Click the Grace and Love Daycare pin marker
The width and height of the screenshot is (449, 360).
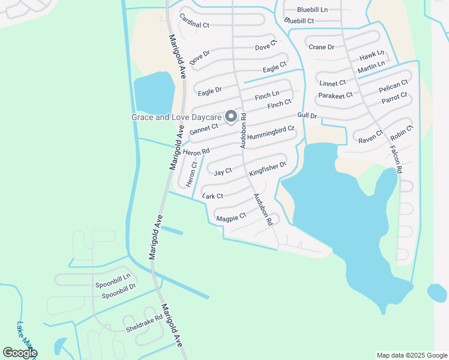coord(231,118)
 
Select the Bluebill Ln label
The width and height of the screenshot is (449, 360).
coord(312,10)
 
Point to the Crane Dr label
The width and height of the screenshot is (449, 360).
coord(321,47)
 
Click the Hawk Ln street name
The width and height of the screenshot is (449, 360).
coord(372,56)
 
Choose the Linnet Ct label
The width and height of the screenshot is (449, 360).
coord(333,83)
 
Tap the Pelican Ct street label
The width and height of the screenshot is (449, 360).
coord(393,86)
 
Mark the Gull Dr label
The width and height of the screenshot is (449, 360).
coord(307,115)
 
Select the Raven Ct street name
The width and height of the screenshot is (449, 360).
coord(370,137)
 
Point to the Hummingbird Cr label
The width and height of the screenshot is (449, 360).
coord(271,133)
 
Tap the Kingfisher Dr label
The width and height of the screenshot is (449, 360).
coord(268,169)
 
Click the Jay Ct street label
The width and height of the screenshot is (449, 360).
coord(223,172)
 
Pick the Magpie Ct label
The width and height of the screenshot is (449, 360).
coord(231,217)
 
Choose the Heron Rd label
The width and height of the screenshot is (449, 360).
coord(196,152)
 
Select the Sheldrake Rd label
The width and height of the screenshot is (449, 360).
coord(144,324)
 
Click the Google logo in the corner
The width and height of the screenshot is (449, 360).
coord(20,353)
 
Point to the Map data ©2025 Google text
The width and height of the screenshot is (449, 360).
coord(411,355)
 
